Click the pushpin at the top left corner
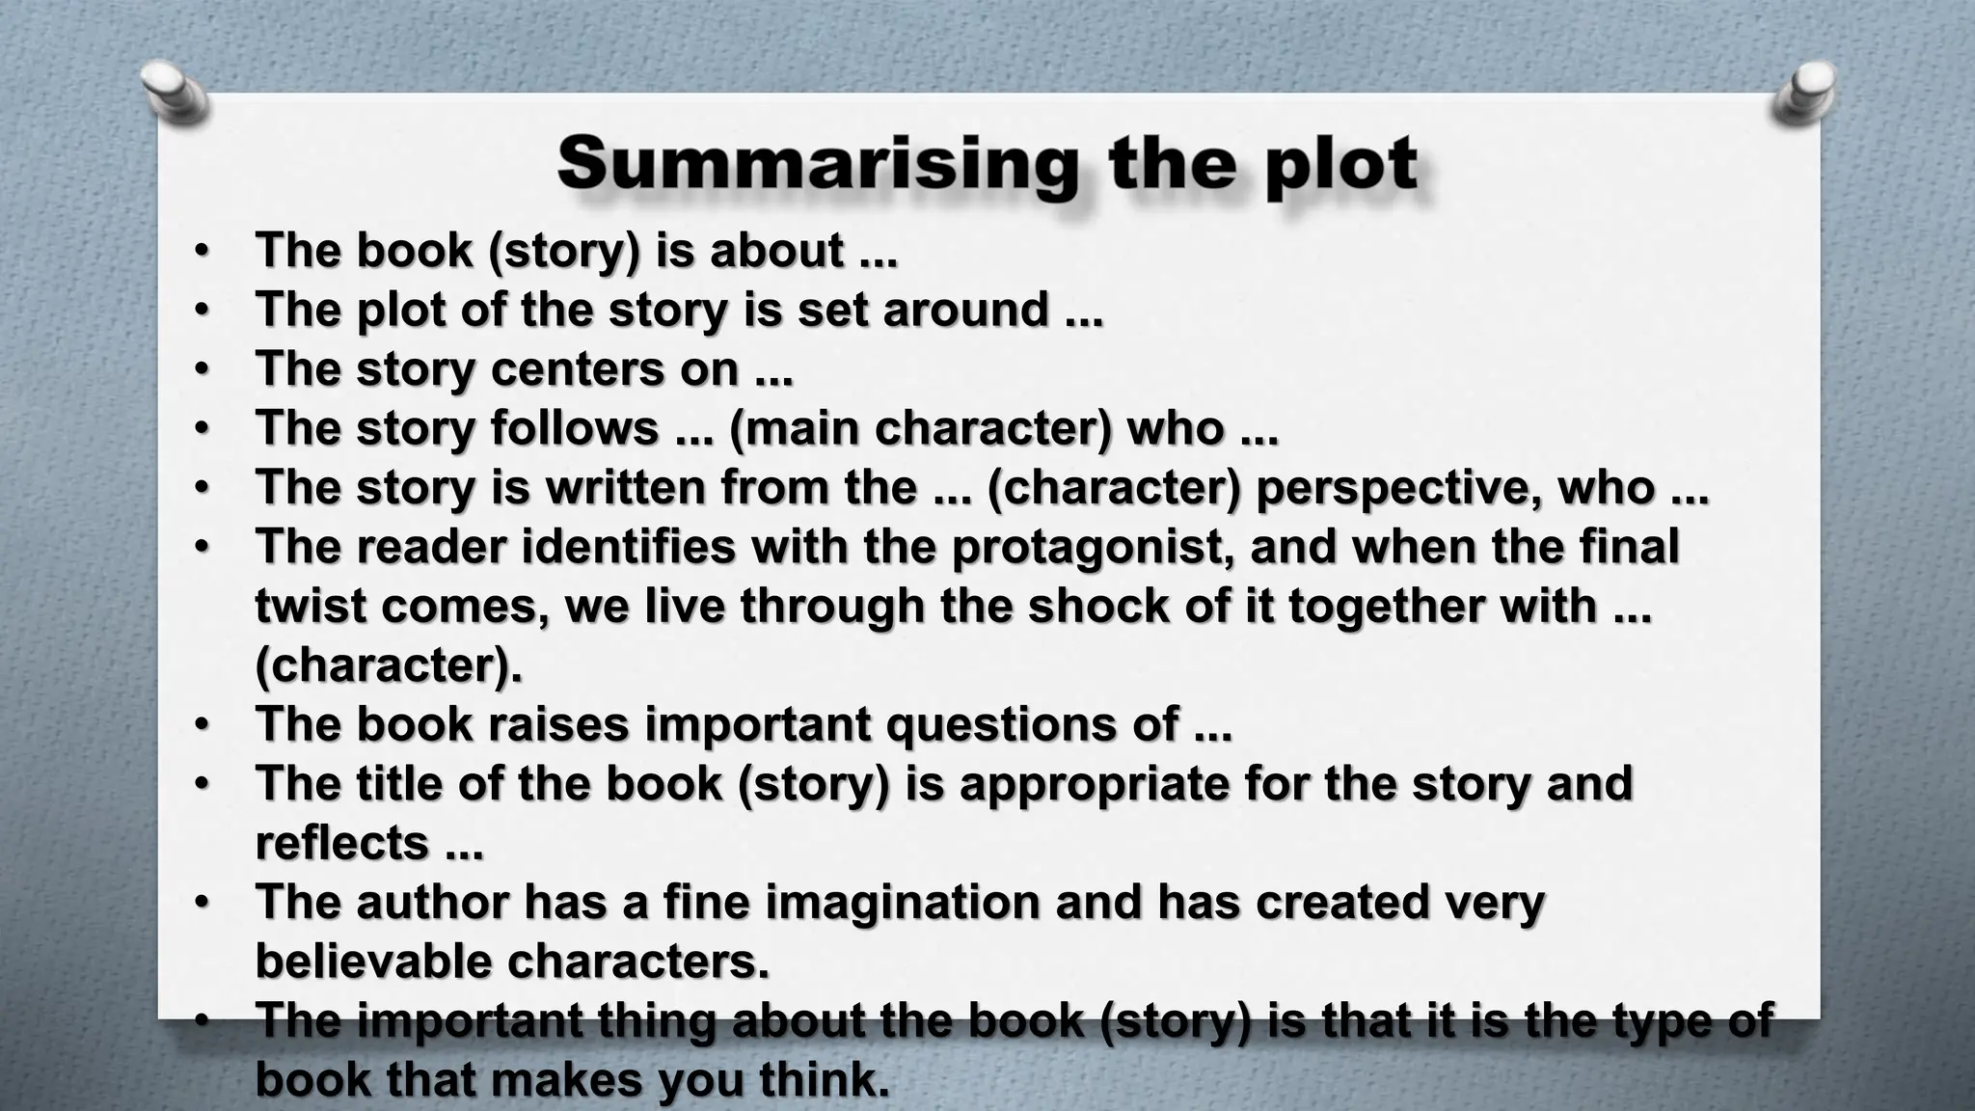click(x=175, y=94)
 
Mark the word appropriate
click(x=1095, y=783)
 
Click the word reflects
click(x=341, y=843)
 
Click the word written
click(x=626, y=487)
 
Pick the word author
click(x=431, y=902)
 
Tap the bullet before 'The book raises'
click(x=201, y=724)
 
